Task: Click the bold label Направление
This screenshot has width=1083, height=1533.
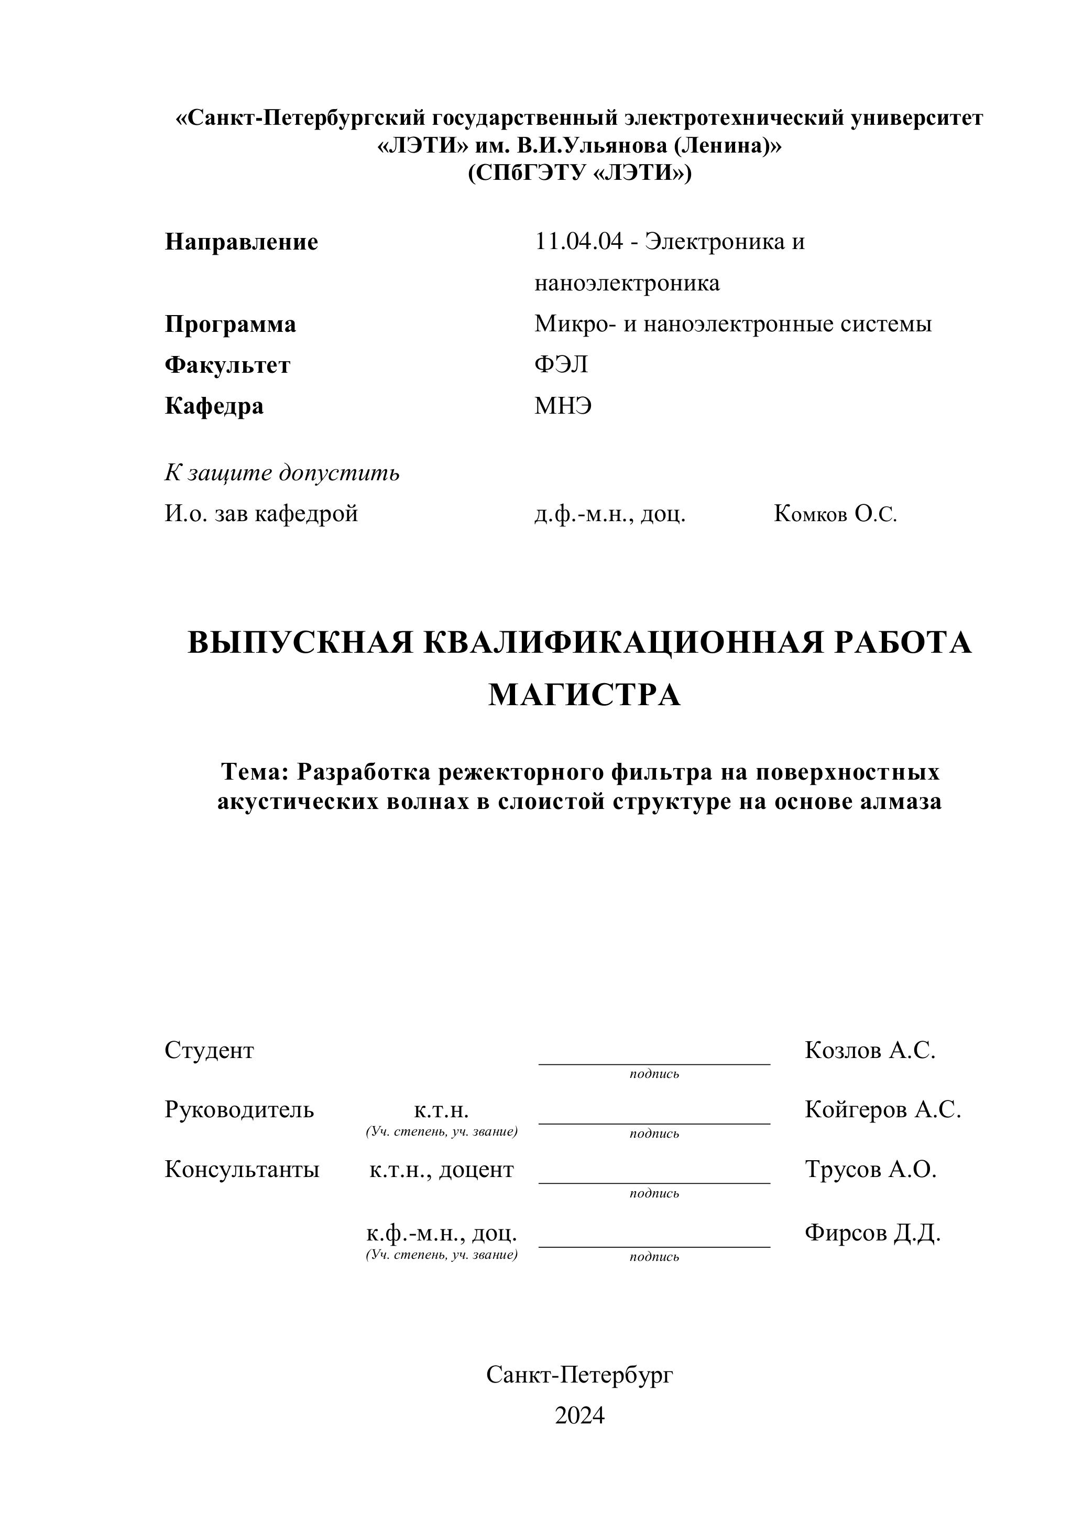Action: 241,242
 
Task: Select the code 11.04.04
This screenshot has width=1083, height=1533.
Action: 578,241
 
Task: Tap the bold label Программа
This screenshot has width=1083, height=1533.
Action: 230,325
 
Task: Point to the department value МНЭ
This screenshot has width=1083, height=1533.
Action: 563,405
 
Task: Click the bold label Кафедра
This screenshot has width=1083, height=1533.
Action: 214,405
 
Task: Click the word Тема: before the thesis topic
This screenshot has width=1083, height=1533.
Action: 254,772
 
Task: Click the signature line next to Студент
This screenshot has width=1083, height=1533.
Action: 654,1063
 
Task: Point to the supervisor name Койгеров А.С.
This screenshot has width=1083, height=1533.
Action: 882,1110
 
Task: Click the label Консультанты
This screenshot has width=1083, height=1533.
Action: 242,1169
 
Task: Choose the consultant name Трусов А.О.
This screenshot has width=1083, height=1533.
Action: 870,1169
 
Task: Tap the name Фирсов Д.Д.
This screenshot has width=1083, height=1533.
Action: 872,1233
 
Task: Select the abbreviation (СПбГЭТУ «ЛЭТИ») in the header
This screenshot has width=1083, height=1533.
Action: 579,173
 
